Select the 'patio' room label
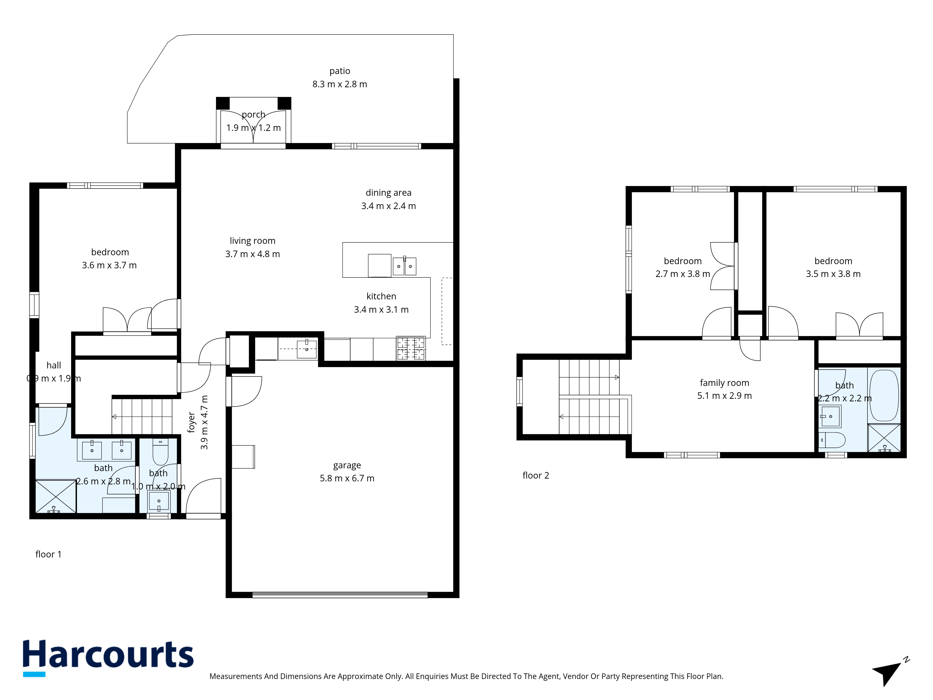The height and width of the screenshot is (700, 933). tap(340, 71)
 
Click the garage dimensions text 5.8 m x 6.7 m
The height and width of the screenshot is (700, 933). tap(347, 478)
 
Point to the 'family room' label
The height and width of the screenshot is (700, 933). tap(724, 383)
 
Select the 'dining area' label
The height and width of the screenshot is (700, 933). tap(388, 193)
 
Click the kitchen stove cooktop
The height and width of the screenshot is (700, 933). tap(410, 348)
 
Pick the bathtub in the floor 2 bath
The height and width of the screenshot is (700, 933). tap(884, 395)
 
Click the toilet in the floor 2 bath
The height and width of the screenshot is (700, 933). tap(832, 440)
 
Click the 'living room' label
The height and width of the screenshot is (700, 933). tap(252, 241)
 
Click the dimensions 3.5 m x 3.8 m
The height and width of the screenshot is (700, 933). tap(833, 274)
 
